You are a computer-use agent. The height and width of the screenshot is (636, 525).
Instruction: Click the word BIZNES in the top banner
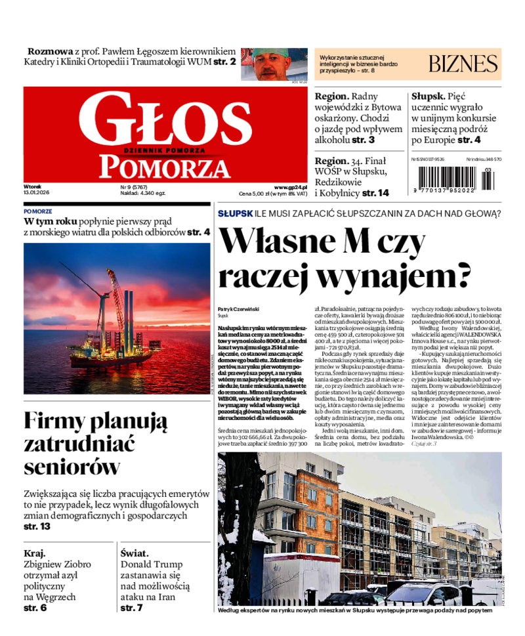point(463,64)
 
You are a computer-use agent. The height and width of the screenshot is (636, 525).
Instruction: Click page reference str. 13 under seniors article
point(37,526)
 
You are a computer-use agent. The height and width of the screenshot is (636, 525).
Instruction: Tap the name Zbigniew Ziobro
point(57,564)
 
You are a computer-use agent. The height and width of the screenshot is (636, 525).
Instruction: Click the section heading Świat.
point(135,553)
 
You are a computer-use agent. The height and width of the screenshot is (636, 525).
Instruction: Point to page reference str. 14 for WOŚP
point(375,193)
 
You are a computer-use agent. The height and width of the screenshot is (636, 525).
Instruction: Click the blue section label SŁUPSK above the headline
point(234,214)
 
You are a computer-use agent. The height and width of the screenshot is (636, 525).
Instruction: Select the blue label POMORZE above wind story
point(38,211)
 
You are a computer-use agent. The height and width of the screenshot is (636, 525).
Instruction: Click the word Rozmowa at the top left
point(50,51)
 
